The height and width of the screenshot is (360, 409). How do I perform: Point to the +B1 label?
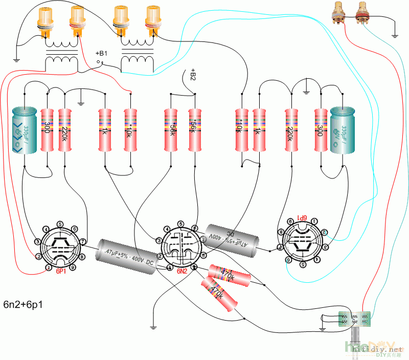(x=102, y=53)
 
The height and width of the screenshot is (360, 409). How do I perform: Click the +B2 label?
(x=193, y=74)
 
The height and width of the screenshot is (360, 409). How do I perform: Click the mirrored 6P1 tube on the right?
(x=301, y=241)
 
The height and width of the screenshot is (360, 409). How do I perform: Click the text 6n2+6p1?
(x=23, y=305)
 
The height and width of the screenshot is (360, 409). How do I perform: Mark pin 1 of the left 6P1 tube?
(x=48, y=267)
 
